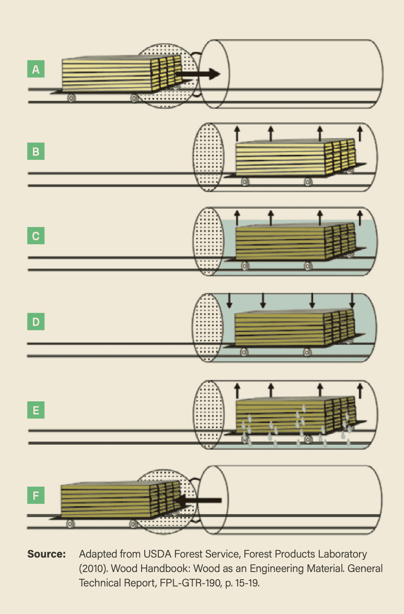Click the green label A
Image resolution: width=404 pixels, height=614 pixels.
(x=36, y=69)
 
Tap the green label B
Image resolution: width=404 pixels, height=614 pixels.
(x=36, y=151)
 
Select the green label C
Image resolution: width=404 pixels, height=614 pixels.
(x=36, y=236)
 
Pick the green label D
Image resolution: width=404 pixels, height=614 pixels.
(x=36, y=321)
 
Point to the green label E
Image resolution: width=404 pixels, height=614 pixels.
(x=36, y=410)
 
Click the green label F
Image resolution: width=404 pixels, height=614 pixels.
(x=36, y=495)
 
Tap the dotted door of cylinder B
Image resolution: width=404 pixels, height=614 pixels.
(x=209, y=157)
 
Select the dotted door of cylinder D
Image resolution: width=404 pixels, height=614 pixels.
(x=208, y=328)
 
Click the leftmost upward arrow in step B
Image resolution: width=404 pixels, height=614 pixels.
(x=237, y=134)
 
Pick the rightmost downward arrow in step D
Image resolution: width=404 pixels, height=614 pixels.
(x=352, y=300)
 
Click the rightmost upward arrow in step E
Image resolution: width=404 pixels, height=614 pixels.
(x=360, y=391)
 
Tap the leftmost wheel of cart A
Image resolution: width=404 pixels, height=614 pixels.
(x=71, y=98)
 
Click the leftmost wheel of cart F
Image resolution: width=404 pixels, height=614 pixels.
(x=70, y=524)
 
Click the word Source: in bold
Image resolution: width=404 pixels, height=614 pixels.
(x=46, y=554)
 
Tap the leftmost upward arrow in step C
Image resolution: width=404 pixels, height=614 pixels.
(x=237, y=218)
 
